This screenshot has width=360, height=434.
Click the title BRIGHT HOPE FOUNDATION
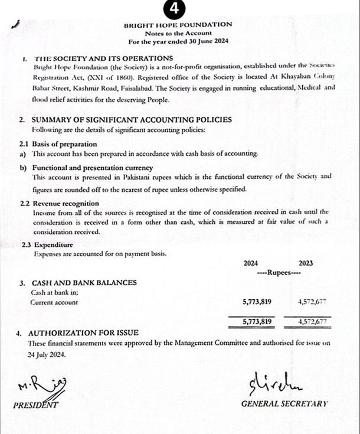pyautogui.click(x=178, y=25)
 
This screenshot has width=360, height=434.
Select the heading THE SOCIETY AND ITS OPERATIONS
pyautogui.click(x=104, y=58)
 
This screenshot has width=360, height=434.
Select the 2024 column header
pyautogui.click(x=251, y=264)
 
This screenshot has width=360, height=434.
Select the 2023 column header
pyautogui.click(x=306, y=264)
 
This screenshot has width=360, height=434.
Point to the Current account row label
pyautogui.click(x=54, y=302)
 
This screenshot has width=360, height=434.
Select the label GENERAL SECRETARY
pyautogui.click(x=284, y=405)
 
